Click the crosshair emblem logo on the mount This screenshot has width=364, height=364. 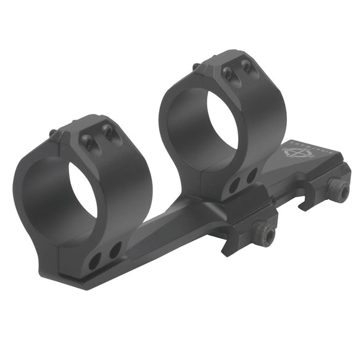point(293,151)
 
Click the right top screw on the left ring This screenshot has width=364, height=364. point(107,131)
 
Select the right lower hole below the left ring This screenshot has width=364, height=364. point(115,250)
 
